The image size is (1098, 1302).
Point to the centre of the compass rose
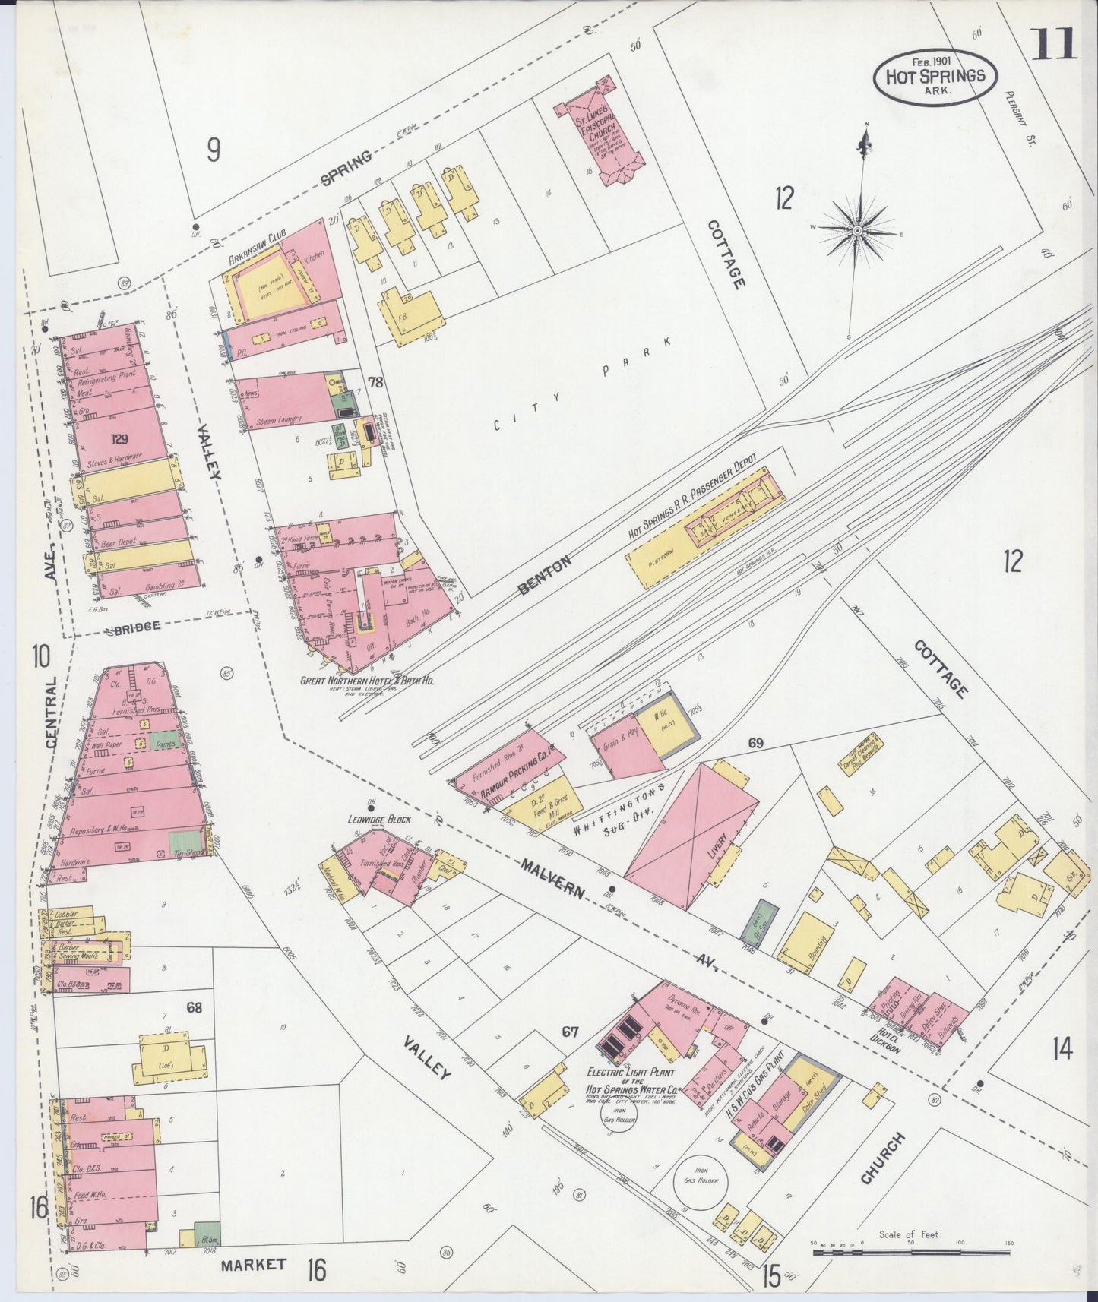(857, 230)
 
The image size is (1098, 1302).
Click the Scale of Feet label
(909, 1234)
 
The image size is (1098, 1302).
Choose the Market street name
(254, 1264)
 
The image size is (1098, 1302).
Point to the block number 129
(119, 439)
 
